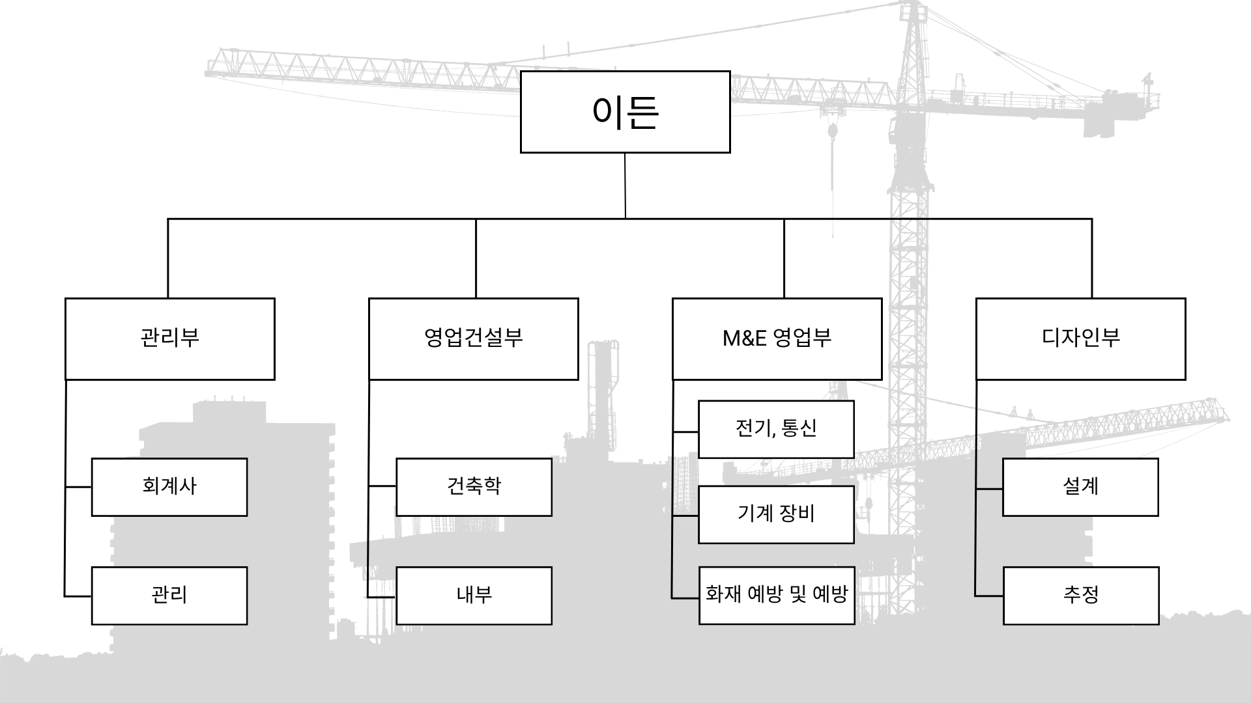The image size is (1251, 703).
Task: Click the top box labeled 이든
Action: (625, 112)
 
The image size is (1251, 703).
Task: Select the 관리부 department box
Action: (169, 338)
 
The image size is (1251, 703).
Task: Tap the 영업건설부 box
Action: (473, 338)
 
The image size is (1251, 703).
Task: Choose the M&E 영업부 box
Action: (777, 338)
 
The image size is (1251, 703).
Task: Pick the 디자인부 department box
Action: (1080, 338)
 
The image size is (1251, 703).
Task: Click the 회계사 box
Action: (169, 487)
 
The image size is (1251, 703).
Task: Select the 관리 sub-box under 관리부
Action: (169, 595)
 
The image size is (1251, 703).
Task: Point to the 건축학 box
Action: (474, 487)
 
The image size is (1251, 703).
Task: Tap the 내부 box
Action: (474, 595)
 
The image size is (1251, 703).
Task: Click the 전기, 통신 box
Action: (776, 429)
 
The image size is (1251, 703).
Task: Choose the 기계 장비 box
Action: (776, 514)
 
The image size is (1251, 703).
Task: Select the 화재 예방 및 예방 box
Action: (777, 595)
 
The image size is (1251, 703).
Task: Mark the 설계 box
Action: (1080, 487)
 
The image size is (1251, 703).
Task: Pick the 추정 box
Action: (1081, 595)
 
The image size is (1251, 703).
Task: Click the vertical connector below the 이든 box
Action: (625, 186)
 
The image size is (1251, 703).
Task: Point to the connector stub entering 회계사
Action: (78, 487)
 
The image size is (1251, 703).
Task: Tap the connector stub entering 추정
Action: (989, 596)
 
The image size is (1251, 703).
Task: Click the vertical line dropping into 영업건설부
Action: (476, 258)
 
